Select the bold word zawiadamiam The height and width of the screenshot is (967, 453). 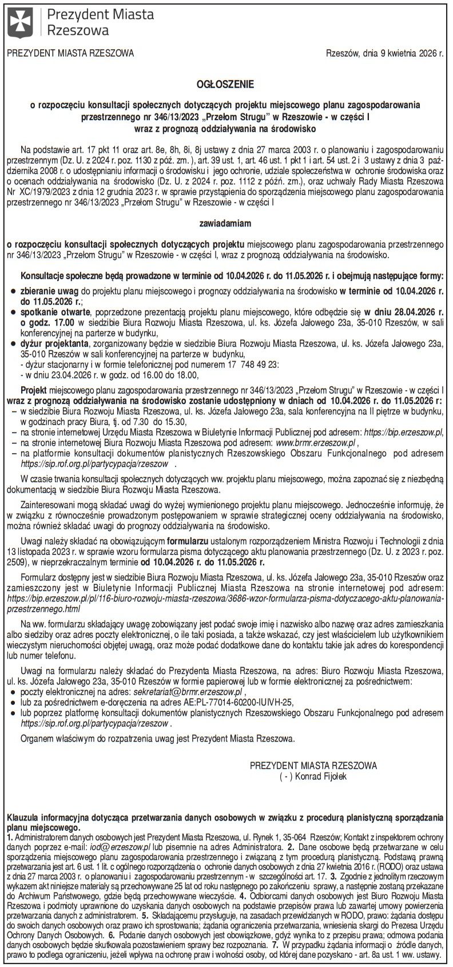point(226,221)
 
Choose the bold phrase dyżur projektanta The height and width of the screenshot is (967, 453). point(54,343)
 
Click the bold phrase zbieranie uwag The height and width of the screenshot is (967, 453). point(50,292)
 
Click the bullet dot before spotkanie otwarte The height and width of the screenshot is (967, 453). point(13,312)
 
